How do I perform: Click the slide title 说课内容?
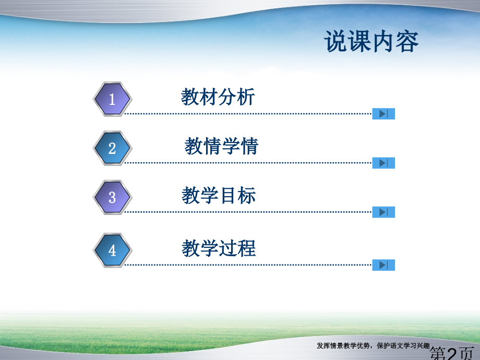point(371,42)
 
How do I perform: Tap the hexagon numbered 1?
point(112,99)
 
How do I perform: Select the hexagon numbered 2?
point(112,148)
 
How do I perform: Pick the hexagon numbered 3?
point(112,197)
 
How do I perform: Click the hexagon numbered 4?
point(112,250)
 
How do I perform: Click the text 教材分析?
point(218,97)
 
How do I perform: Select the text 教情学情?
point(221,147)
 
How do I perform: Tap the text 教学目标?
point(219,196)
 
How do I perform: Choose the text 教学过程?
point(219,248)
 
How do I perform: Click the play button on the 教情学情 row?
point(383,163)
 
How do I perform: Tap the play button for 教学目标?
point(383,212)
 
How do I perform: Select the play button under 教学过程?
point(383,265)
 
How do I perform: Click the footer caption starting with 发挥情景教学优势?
point(373,345)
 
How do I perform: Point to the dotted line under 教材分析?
point(248,113)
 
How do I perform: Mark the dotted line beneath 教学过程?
point(248,265)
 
